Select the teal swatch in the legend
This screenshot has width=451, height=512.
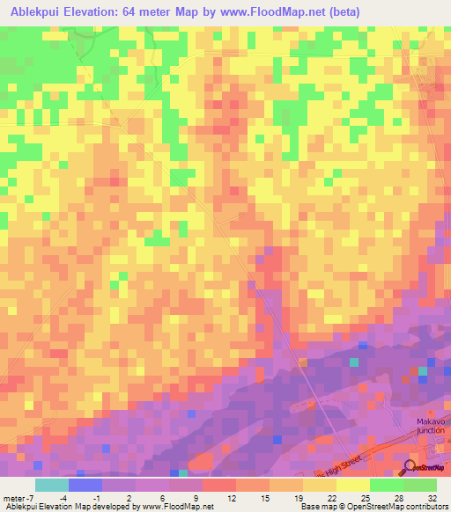(x=51, y=485)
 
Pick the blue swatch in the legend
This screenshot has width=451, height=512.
(x=85, y=485)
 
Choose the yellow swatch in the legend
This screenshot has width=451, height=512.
(x=352, y=485)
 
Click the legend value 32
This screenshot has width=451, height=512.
(x=433, y=498)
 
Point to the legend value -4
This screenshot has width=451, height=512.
(x=77, y=498)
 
